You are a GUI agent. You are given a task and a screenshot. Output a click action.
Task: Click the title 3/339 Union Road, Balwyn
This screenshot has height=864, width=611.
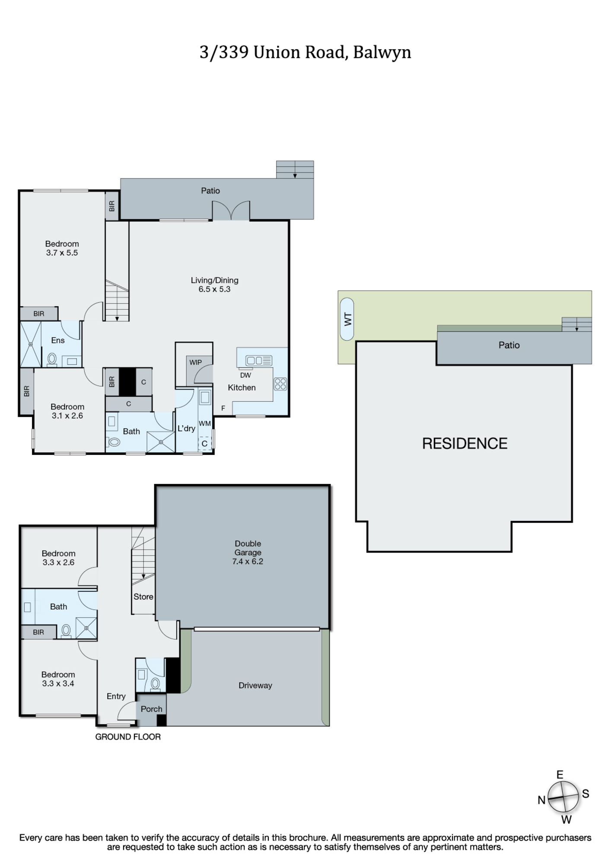305,53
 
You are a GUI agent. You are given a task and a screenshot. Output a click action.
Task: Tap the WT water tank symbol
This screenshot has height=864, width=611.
347,319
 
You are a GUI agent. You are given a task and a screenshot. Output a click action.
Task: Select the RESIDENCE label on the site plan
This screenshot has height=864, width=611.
465,444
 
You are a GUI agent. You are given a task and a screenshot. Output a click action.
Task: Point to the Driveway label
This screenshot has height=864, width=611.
255,686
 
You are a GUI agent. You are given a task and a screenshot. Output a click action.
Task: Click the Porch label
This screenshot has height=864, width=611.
152,709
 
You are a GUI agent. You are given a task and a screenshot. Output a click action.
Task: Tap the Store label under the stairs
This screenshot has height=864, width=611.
143,597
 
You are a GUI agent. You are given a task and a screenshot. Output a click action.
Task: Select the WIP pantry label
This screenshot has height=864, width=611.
195,362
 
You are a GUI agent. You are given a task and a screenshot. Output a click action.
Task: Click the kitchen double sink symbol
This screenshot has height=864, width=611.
259,360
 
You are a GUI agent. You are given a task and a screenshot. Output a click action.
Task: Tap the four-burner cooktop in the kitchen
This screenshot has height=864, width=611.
280,384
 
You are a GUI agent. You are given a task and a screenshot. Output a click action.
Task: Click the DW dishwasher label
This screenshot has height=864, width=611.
245,375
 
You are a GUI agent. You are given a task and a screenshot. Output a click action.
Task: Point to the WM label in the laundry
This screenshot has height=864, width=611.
205,423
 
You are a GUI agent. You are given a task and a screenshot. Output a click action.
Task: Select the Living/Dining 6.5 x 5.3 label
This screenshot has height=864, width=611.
215,285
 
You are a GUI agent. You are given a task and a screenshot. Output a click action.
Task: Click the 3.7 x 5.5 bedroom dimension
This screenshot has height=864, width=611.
62,253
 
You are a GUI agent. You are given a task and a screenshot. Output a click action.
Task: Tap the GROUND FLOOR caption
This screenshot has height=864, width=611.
128,737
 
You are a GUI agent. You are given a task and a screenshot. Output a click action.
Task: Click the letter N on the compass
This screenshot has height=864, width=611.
541,800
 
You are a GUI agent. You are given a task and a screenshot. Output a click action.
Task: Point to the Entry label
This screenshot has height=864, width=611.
116,696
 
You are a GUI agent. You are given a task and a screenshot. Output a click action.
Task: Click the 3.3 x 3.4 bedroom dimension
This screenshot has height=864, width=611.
58,683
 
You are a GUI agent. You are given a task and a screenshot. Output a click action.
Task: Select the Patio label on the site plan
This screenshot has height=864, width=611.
509,345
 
